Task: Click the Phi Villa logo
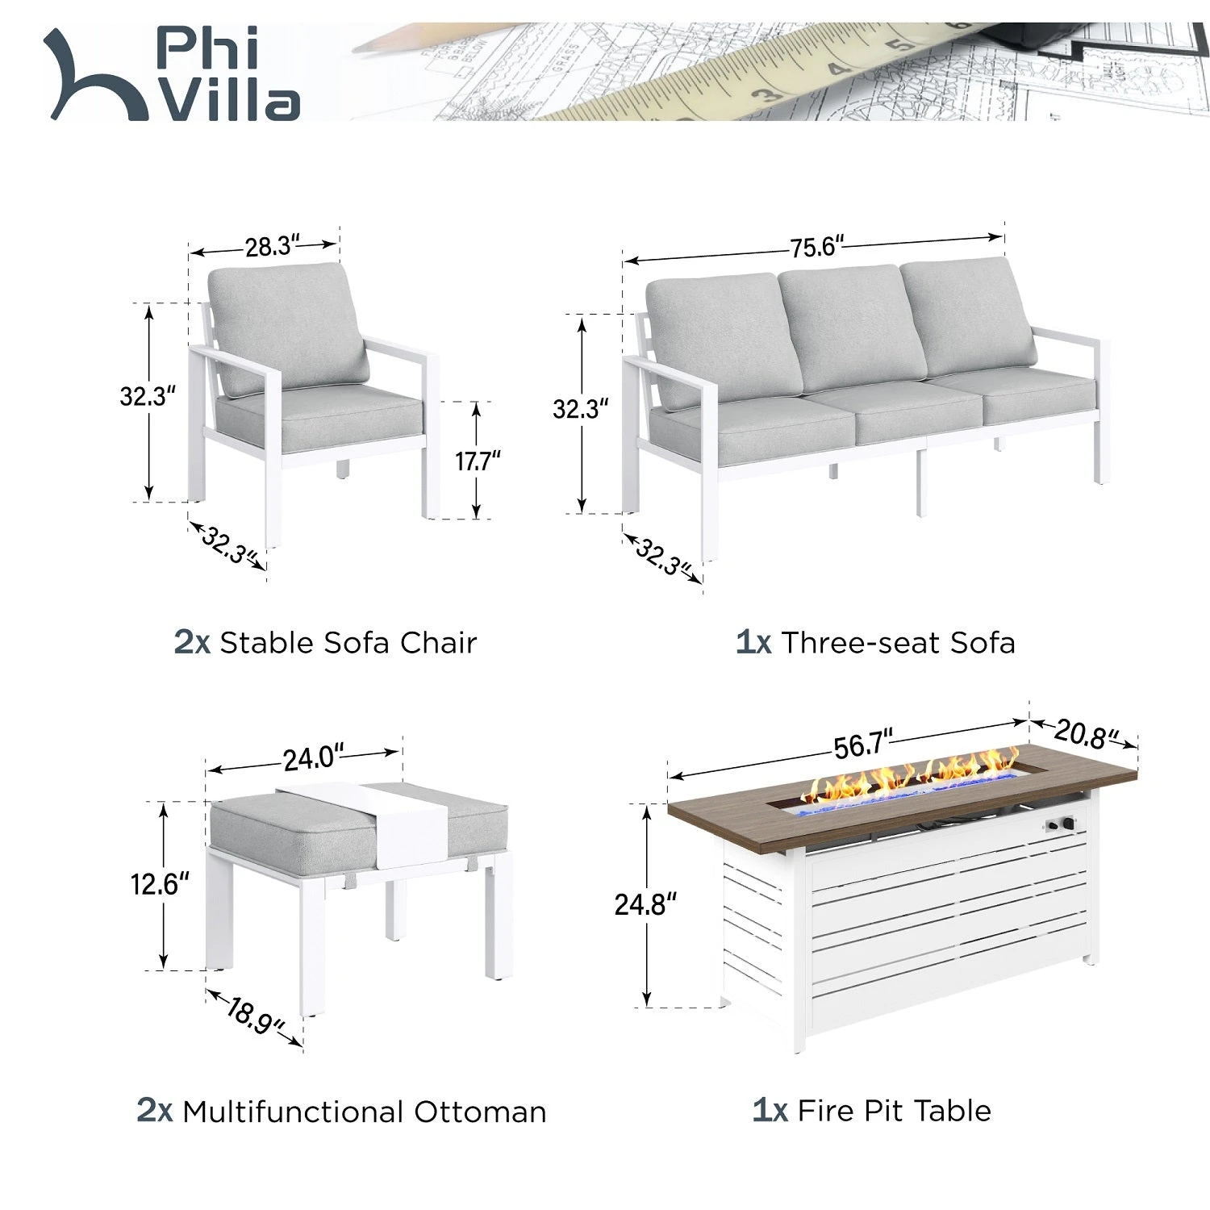[x=172, y=74]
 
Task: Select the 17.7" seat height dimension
[x=478, y=461]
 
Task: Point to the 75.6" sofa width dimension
[x=817, y=246]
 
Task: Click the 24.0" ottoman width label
[x=313, y=758]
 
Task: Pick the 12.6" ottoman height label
[x=160, y=884]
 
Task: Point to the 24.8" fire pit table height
[x=645, y=904]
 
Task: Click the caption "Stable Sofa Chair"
[x=348, y=643]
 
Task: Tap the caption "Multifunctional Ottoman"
[x=365, y=1112]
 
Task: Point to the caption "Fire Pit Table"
[x=894, y=1111]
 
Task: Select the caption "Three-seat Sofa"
[x=898, y=643]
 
